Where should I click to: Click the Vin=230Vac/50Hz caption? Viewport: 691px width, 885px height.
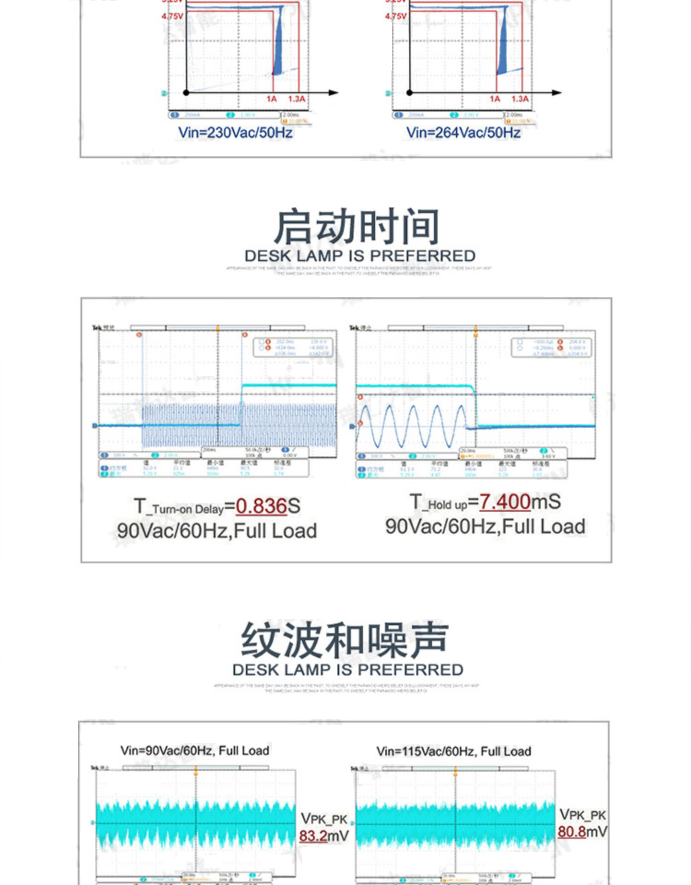click(x=235, y=133)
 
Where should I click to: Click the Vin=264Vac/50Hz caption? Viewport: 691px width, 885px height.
click(x=463, y=133)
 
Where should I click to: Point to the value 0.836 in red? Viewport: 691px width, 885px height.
click(x=262, y=506)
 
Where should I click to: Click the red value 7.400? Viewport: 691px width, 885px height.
click(x=505, y=502)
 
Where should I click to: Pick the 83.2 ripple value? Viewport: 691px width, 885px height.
click(x=313, y=835)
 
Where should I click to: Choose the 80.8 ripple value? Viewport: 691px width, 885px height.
click(x=572, y=832)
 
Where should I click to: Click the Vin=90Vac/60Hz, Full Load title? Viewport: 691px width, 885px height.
click(x=195, y=750)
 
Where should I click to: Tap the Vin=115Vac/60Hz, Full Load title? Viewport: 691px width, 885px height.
click(x=454, y=751)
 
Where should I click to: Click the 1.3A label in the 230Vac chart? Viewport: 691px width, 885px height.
click(x=297, y=99)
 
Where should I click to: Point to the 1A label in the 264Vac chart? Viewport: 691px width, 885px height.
click(x=495, y=99)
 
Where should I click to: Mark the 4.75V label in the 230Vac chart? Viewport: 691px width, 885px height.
click(x=172, y=17)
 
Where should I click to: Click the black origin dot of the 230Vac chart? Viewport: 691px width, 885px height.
click(x=186, y=93)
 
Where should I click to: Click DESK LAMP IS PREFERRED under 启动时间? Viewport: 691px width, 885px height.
click(x=360, y=256)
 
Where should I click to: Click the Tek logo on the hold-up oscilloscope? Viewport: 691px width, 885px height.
click(x=354, y=328)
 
